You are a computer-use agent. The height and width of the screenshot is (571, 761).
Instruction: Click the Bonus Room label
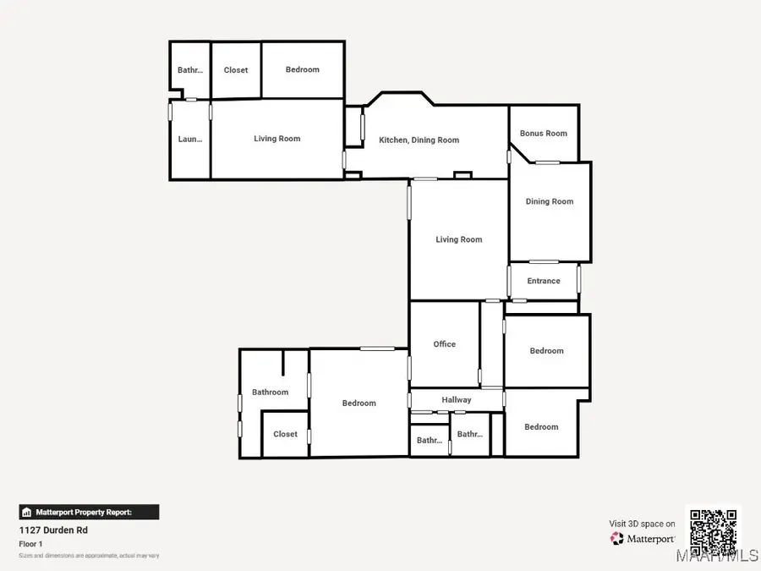544,134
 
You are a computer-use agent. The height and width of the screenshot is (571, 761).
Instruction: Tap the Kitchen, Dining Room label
419,140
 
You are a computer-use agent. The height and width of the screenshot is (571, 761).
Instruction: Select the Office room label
445,344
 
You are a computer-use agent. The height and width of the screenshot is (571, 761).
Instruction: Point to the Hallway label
457,400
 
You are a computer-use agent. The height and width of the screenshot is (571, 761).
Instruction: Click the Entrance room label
544,281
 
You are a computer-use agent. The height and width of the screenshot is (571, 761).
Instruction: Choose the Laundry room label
189,140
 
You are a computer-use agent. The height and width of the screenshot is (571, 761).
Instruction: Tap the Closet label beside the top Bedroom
236,70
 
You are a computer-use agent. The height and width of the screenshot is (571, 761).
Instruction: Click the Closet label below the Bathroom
285,434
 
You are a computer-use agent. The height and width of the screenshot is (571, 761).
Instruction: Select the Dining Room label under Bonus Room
550,201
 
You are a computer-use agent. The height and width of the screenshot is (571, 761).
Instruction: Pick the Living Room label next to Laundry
277,139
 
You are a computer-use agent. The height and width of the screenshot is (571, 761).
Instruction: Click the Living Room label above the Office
459,239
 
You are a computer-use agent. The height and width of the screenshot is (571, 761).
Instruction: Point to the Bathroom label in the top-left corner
189,70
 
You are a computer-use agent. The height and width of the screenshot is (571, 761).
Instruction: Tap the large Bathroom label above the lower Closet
271,393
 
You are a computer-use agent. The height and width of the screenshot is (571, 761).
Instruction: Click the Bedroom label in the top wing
303,69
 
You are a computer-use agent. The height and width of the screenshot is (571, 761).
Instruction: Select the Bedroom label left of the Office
359,404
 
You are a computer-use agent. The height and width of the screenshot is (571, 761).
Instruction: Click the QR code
713,530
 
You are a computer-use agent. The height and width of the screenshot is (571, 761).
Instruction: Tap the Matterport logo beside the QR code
643,538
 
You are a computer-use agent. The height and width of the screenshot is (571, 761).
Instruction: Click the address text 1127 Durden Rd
53,530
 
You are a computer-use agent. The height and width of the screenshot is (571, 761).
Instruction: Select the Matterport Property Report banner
89,512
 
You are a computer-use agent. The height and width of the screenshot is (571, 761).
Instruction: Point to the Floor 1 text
31,544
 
